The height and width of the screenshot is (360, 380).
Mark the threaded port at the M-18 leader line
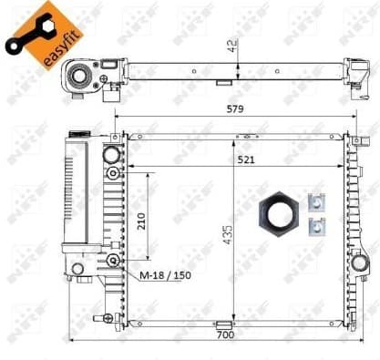tap(112, 261)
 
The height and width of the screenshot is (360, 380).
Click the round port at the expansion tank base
tap(77, 268)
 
